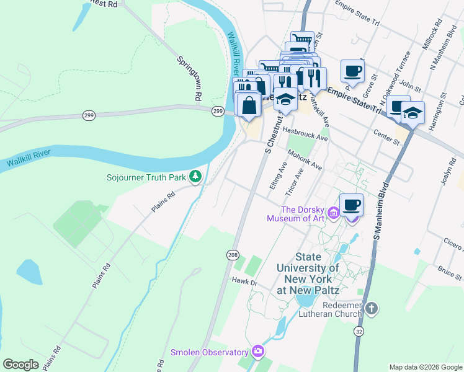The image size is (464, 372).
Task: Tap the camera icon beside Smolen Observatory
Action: click(258, 352)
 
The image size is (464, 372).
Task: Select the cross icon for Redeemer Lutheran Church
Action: click(371, 309)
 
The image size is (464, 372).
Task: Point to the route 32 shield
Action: click(359, 333)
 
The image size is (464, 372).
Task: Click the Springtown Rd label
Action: click(190, 79)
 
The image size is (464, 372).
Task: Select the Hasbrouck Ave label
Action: click(305, 133)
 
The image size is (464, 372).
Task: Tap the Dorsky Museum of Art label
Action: click(303, 214)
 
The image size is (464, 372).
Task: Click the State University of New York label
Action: click(316, 268)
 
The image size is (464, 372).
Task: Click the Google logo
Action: click(21, 365)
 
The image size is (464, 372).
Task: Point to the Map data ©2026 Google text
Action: click(425, 367)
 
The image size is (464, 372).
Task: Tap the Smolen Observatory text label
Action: click(210, 352)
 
